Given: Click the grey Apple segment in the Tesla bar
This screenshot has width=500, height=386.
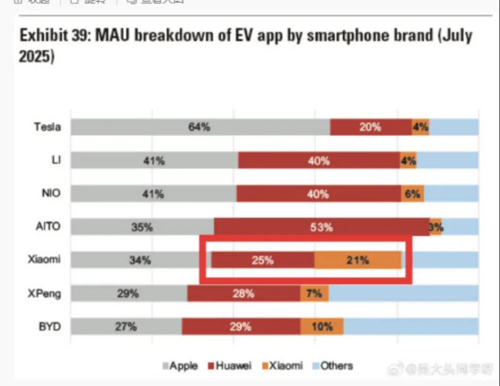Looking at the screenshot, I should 200,127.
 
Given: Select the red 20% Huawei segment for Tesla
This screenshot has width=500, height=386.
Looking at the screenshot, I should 370,127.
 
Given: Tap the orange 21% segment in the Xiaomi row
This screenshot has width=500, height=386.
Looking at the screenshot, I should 357,260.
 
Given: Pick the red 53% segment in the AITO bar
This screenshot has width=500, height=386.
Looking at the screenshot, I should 321,227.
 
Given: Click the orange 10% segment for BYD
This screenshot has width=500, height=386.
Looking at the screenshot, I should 322,327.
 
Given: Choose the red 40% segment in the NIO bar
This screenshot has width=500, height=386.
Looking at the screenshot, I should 318,194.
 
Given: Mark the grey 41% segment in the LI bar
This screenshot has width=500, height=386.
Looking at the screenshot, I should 154,160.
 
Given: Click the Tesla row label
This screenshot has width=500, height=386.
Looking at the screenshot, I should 47,127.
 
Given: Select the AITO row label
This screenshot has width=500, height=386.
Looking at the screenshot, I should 48,227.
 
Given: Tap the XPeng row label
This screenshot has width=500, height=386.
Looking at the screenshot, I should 45,293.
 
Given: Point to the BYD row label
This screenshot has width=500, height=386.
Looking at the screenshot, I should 49,327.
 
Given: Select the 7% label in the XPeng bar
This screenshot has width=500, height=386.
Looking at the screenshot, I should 314,293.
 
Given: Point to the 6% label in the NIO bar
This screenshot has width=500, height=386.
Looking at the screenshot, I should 412,194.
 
